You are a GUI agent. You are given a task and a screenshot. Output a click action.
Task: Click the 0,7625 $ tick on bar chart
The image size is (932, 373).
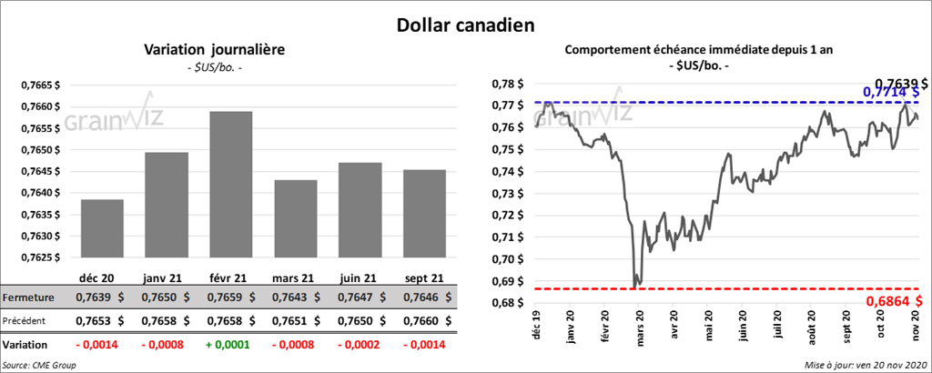(41, 257)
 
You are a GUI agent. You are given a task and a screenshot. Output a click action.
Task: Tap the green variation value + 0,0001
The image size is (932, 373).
(230, 345)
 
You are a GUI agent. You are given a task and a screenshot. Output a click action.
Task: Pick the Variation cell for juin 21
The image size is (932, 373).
(359, 345)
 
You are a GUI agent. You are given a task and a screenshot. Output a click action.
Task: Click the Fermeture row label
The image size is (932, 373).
(29, 297)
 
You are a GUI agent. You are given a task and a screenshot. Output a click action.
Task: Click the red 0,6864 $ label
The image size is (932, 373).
(893, 300)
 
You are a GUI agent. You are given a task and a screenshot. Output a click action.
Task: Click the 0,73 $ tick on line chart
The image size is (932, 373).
(507, 194)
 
